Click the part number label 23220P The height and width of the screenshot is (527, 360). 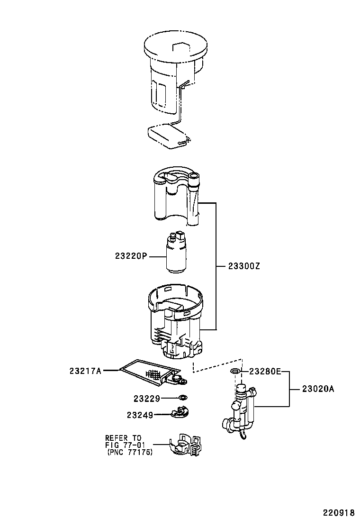click(131, 256)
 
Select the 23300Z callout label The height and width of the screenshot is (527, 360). click(244, 266)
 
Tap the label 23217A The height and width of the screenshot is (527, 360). click(85, 371)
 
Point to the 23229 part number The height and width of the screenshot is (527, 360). click(147, 399)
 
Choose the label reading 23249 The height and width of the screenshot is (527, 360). click(140, 416)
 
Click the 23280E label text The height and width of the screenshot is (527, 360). click(265, 372)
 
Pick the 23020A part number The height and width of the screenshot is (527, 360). click(318, 389)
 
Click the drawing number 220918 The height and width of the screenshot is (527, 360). click(339, 513)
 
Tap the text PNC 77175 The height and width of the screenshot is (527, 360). click(130, 453)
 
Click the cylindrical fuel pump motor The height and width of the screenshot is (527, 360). click(176, 252)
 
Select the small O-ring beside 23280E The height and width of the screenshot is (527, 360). click(235, 371)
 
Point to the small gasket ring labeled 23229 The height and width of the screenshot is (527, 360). click(183, 398)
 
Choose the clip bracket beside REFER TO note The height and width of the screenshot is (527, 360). click(185, 445)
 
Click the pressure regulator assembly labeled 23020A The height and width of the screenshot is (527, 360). click(240, 411)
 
